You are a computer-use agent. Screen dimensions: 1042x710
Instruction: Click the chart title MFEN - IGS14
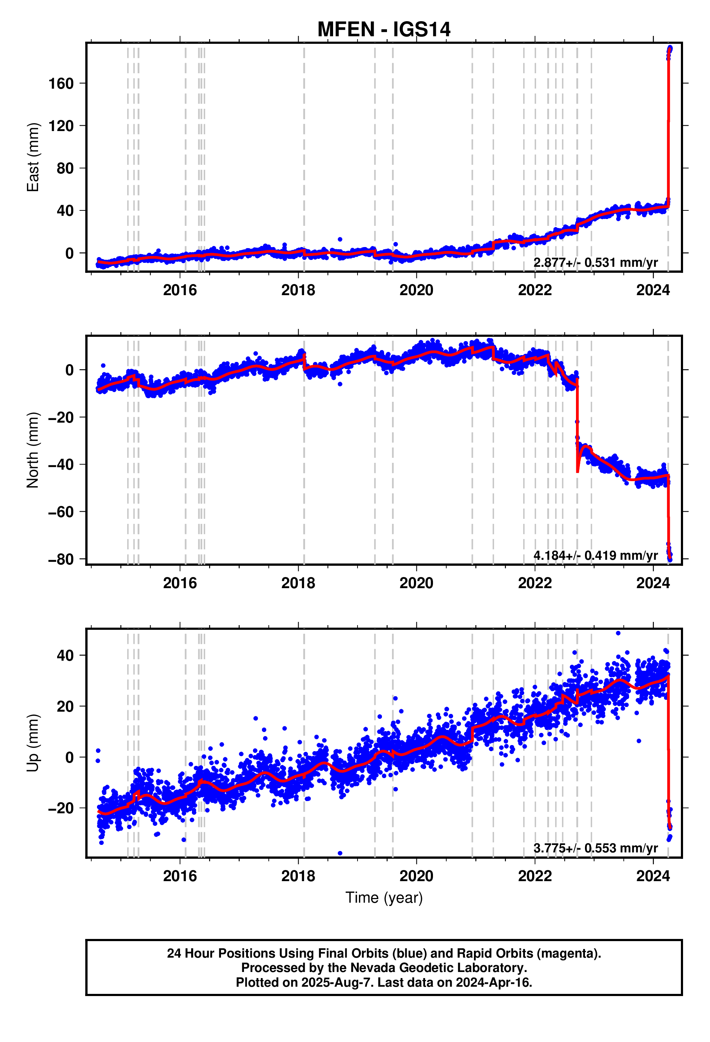coord(383,29)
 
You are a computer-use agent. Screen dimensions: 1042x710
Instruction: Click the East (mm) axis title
coord(33,157)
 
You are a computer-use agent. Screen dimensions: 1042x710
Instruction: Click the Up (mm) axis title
coord(33,743)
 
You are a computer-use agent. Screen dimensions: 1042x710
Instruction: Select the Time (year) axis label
coord(383,898)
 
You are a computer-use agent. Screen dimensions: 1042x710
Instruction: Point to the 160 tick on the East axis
coord(61,83)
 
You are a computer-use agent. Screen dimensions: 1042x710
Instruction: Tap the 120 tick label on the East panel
coord(61,126)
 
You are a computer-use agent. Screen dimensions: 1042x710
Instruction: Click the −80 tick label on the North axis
coord(61,559)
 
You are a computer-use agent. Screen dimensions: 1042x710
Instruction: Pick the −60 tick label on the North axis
coord(61,512)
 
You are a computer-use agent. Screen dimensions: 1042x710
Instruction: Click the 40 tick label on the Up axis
coord(65,656)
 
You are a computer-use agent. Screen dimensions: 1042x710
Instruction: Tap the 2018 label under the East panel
coord(298,290)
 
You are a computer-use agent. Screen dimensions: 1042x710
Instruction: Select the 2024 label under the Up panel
coord(653,876)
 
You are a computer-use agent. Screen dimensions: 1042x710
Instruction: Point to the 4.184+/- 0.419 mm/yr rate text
coord(595,555)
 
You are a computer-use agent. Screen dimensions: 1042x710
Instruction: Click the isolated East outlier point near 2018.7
coord(340,239)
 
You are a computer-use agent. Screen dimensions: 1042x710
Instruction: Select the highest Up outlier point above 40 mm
coord(618,633)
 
